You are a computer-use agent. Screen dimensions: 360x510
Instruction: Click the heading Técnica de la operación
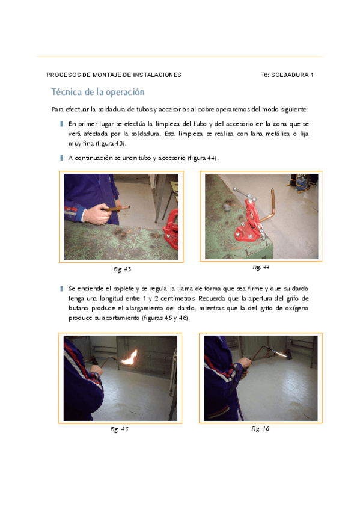pos(98,92)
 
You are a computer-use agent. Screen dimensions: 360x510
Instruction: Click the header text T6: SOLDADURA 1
pos(287,75)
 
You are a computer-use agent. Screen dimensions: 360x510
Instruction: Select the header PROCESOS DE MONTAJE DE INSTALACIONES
pos(114,75)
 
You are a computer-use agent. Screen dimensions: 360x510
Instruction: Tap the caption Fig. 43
pos(122,269)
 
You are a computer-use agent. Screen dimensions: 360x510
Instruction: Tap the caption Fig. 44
pos(261,267)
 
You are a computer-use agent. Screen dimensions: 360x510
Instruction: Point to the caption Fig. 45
pos(119,429)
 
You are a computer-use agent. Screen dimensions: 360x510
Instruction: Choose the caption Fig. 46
pos(260,429)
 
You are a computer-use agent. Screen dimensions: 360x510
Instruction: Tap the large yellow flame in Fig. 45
pos(130,357)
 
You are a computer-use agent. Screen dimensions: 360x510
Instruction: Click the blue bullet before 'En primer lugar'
pos(61,124)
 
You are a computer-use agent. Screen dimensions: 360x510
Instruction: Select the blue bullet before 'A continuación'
pos(61,158)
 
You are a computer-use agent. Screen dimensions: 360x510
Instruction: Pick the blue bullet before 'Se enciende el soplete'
pos(61,289)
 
